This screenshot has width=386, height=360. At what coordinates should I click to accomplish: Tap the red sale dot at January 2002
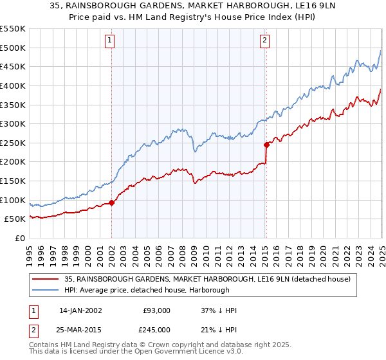(x=112, y=203)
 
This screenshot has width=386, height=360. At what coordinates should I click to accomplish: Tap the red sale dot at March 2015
(x=266, y=145)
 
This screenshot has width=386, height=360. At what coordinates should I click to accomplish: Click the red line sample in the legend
(x=45, y=279)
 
